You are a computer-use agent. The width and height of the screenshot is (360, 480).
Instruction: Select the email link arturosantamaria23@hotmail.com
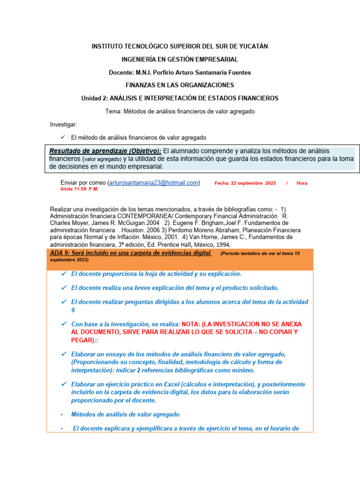[154, 183]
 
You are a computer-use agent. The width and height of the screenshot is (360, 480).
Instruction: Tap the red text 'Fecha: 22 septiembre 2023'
[245, 183]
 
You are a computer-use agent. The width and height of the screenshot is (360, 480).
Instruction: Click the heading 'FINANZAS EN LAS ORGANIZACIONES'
[180, 85]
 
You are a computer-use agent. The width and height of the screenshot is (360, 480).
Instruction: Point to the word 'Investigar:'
[64, 125]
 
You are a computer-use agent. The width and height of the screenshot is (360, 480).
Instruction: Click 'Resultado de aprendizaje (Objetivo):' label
[105, 151]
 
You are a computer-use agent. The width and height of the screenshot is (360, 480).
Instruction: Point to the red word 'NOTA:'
[193, 324]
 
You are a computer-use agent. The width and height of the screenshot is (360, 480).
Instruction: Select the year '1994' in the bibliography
[222, 245]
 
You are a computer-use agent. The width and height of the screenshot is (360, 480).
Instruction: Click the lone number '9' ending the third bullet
[73, 310]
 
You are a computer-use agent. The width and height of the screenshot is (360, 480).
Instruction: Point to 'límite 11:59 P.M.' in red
[80, 189]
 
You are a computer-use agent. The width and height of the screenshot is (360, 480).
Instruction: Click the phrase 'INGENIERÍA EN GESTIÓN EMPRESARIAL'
[180, 59]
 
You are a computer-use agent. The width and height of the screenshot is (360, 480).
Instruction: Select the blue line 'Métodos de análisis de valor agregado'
[125, 414]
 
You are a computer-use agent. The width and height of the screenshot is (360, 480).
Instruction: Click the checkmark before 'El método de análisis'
[63, 137]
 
